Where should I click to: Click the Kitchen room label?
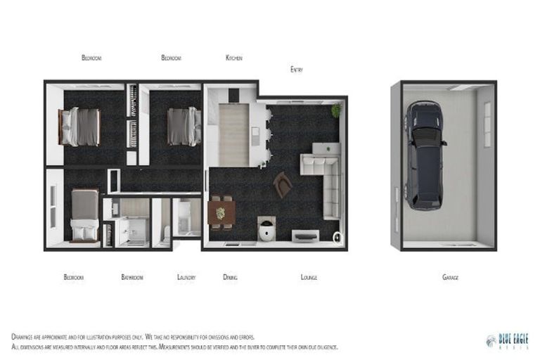click(x=233, y=58)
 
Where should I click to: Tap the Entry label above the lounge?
click(x=297, y=70)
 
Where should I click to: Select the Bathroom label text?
click(x=132, y=278)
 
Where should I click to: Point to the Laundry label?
click(x=186, y=278)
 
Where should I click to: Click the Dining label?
click(x=230, y=278)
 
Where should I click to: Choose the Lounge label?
click(x=309, y=278)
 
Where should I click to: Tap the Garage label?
click(x=451, y=278)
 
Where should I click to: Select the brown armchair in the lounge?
click(x=283, y=184)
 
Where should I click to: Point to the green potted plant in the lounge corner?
click(x=337, y=110)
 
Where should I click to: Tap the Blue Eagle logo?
click(x=507, y=341)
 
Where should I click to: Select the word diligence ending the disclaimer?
click(x=326, y=347)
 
